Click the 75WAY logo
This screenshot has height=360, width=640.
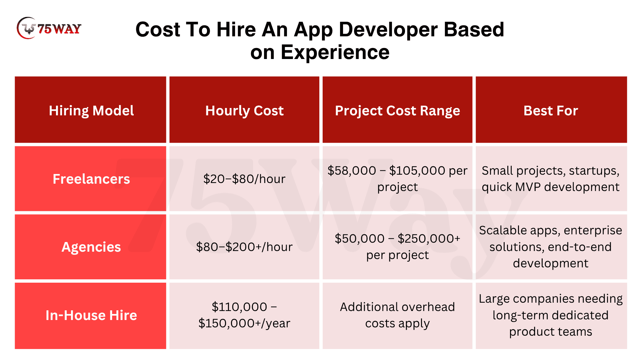click(x=49, y=28)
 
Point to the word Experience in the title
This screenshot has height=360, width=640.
click(x=335, y=52)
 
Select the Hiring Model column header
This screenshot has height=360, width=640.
click(x=91, y=110)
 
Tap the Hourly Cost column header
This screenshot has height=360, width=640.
click(x=244, y=110)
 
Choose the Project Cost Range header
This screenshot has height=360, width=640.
click(x=397, y=110)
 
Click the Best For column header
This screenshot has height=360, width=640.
click(x=551, y=110)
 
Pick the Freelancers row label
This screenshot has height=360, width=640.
click(x=91, y=179)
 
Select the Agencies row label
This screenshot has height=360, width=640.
click(x=91, y=247)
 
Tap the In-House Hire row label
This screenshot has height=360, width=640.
click(x=91, y=315)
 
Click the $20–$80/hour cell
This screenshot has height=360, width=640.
click(x=244, y=179)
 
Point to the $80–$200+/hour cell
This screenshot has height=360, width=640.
click(x=244, y=247)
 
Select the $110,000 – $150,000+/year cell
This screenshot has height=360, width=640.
click(x=244, y=315)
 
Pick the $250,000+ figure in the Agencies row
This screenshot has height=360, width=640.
click(x=429, y=239)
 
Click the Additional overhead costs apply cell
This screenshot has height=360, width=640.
click(x=397, y=315)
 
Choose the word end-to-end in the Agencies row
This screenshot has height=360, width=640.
click(x=580, y=247)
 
